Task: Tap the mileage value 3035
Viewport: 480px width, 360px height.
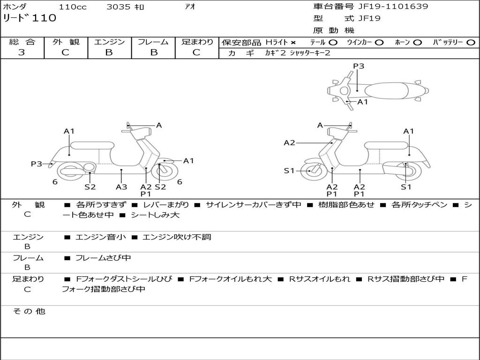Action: click(x=119, y=7)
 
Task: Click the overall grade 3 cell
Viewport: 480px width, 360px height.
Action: click(x=22, y=52)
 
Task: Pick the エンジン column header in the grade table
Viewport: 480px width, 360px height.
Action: click(x=109, y=42)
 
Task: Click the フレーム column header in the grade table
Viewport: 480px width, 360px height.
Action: click(x=153, y=42)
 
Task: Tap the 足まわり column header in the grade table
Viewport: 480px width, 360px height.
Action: click(x=197, y=42)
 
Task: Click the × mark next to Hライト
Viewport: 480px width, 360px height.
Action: click(x=293, y=43)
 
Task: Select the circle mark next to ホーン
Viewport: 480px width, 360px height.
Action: click(x=418, y=43)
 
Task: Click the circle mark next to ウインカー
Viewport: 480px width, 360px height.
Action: click(x=379, y=43)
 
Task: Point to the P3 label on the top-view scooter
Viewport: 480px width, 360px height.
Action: click(x=359, y=66)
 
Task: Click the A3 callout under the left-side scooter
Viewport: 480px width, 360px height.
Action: click(x=121, y=187)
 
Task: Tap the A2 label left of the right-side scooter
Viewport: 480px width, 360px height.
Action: click(x=289, y=142)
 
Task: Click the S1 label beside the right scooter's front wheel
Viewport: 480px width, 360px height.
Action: click(x=289, y=171)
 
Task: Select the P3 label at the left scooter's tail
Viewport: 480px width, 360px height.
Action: click(x=37, y=164)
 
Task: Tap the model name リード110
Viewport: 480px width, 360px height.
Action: click(x=30, y=18)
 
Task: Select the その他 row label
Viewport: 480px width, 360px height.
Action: click(x=29, y=311)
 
